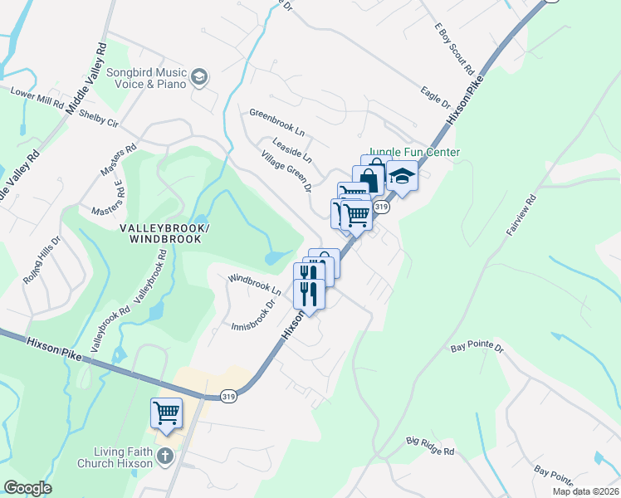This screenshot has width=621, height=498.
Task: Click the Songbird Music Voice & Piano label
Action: [146, 78]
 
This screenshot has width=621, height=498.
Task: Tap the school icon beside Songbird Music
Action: [199, 78]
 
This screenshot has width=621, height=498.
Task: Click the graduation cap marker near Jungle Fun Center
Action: [402, 178]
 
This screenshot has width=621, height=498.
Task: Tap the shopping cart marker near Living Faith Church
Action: [166, 413]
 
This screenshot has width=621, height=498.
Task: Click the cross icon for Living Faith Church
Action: [164, 456]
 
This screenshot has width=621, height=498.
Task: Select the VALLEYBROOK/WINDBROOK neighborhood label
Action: [164, 233]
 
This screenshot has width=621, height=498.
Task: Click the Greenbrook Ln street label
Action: [277, 122]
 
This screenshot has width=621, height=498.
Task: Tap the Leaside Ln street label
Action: [291, 149]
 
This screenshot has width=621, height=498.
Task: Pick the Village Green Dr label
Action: [285, 171]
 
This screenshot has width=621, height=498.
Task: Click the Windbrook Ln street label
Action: [254, 284]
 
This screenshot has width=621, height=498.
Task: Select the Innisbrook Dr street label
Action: [252, 315]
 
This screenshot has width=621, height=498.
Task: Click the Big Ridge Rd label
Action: [430, 446]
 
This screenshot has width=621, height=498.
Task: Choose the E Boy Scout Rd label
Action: [453, 47]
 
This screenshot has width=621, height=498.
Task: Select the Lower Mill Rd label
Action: [37, 97]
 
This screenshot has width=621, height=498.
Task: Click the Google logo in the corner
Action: [27, 488]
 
